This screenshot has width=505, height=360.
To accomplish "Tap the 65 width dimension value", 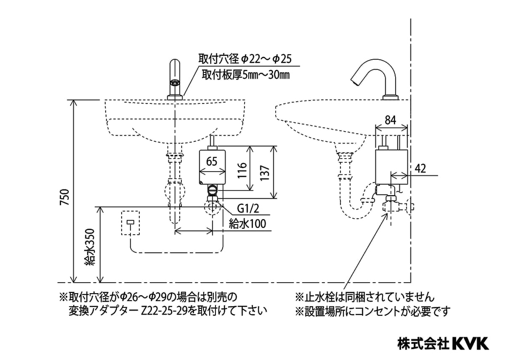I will point(212,161).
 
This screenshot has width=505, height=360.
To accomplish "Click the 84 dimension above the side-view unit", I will point(390,120).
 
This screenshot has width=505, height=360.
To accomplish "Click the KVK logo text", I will point(470,343).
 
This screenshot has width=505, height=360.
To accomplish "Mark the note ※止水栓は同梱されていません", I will point(364,297).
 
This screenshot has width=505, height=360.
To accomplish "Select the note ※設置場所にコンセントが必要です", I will point(372,312).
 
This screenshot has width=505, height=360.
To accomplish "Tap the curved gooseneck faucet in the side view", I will point(376,76).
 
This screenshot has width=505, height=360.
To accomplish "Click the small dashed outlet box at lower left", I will point(130,223).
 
